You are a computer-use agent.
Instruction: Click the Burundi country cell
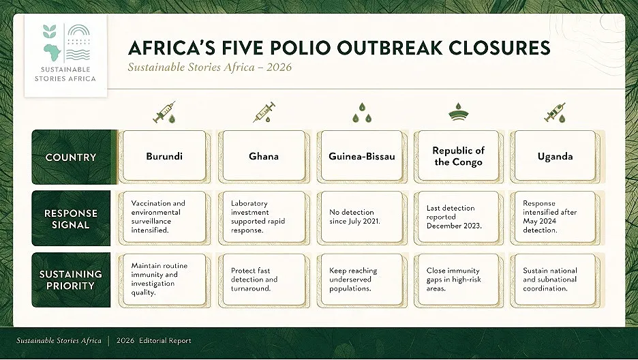coord(164,156)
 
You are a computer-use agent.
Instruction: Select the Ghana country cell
coord(264,156)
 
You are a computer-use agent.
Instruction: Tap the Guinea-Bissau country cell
coord(362,156)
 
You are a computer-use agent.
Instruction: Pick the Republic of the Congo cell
coord(459,156)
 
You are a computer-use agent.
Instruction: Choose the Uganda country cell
coord(555,156)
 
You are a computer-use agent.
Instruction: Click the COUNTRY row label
coord(72,157)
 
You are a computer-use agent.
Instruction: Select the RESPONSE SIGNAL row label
coord(71,218)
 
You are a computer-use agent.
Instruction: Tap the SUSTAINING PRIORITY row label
coord(71,280)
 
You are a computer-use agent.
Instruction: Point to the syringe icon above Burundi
coord(164,112)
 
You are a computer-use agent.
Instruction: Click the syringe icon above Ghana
coord(264,112)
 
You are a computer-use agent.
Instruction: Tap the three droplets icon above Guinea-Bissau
coord(362,113)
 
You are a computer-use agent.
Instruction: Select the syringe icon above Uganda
coord(555,112)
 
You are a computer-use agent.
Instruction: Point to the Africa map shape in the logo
coord(52,52)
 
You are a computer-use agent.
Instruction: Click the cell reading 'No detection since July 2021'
coord(362,217)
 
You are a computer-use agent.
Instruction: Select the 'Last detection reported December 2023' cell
coord(459,217)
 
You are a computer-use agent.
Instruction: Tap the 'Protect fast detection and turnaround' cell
coord(264,280)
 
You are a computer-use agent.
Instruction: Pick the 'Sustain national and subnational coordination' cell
coord(555,280)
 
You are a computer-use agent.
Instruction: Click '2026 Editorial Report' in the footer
coord(154,341)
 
